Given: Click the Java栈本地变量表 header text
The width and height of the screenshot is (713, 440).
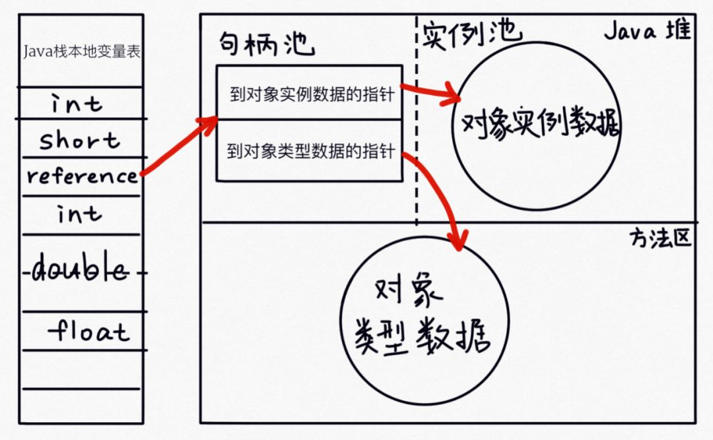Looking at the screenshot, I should point(81,51).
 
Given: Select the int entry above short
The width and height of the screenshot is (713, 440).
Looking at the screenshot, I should point(78,104).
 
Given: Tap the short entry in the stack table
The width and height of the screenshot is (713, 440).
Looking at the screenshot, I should point(79,140).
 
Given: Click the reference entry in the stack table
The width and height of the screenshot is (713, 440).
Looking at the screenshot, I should point(82,176).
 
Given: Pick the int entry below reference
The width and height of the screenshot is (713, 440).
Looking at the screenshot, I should point(79,214).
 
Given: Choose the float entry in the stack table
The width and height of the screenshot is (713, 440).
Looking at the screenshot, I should point(88,330).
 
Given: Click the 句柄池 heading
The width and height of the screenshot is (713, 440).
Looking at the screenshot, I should point(267,44).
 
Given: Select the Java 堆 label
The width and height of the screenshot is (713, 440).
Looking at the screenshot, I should point(647,31).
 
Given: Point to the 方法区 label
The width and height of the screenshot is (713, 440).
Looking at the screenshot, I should point(660,237).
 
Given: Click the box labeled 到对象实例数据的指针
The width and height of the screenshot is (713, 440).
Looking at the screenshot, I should point(309,93).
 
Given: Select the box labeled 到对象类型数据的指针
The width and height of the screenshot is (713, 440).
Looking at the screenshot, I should point(309,152).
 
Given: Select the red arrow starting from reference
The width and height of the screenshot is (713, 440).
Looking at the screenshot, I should point(175,148).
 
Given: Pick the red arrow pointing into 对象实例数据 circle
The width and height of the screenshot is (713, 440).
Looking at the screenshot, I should point(429,93).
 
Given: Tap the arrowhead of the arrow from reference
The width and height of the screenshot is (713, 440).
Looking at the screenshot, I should point(211,122).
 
